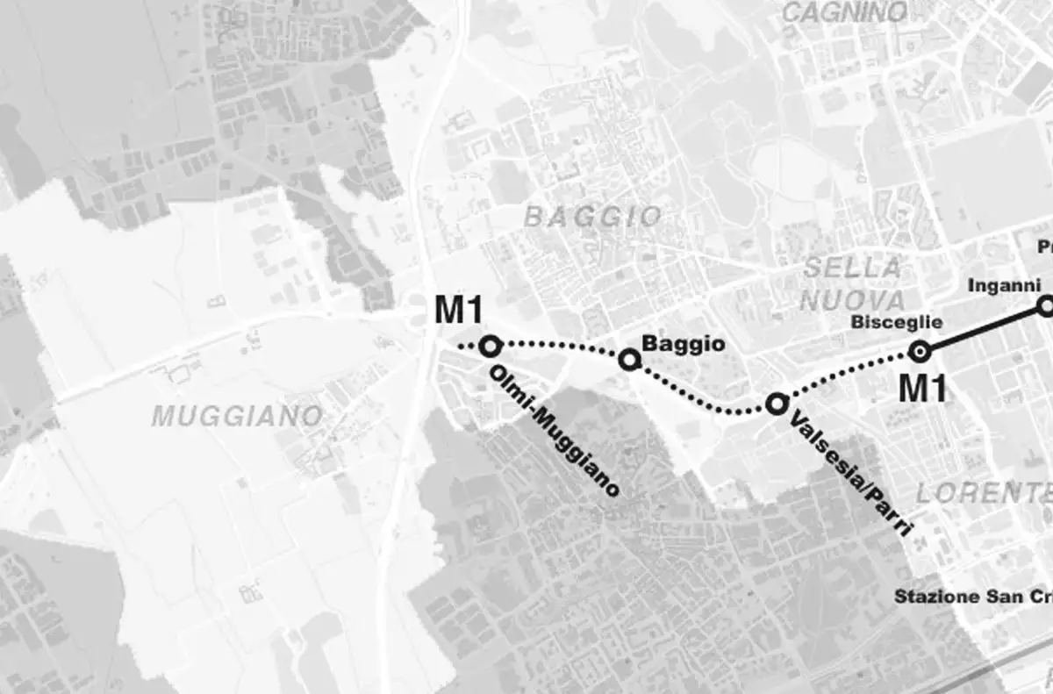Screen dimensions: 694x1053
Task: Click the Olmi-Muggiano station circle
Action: (x=490, y=346)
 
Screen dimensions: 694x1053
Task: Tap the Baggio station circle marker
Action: (x=628, y=359)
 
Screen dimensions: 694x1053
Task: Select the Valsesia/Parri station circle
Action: (x=776, y=404)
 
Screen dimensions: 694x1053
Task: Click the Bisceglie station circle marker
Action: (x=920, y=352)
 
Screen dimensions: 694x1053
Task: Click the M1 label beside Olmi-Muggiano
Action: (x=461, y=310)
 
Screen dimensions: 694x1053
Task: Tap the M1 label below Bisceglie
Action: (x=922, y=387)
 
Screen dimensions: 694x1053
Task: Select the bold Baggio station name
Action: (x=684, y=344)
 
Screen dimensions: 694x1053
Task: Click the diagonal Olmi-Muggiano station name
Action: (x=554, y=431)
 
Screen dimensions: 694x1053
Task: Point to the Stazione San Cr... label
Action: (x=972, y=597)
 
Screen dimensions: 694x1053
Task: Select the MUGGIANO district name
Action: (x=237, y=416)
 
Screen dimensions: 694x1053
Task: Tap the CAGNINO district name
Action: (x=843, y=12)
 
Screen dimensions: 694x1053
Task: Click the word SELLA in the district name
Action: (x=852, y=268)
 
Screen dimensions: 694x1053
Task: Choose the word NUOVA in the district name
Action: (x=852, y=299)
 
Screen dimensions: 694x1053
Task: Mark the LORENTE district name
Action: (x=983, y=492)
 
